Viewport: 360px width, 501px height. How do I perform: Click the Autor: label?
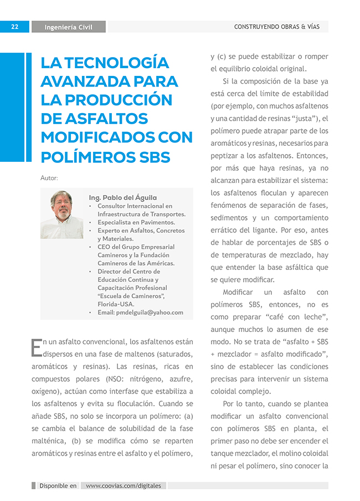(x=49, y=178)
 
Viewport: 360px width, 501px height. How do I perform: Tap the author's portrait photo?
(x=62, y=214)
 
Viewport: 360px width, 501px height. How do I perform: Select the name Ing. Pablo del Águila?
(x=122, y=197)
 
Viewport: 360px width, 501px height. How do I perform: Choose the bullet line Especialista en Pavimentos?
(x=136, y=222)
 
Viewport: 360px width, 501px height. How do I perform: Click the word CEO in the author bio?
(x=105, y=247)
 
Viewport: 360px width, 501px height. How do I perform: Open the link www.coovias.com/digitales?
(x=124, y=485)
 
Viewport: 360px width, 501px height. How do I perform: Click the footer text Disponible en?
(x=58, y=485)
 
